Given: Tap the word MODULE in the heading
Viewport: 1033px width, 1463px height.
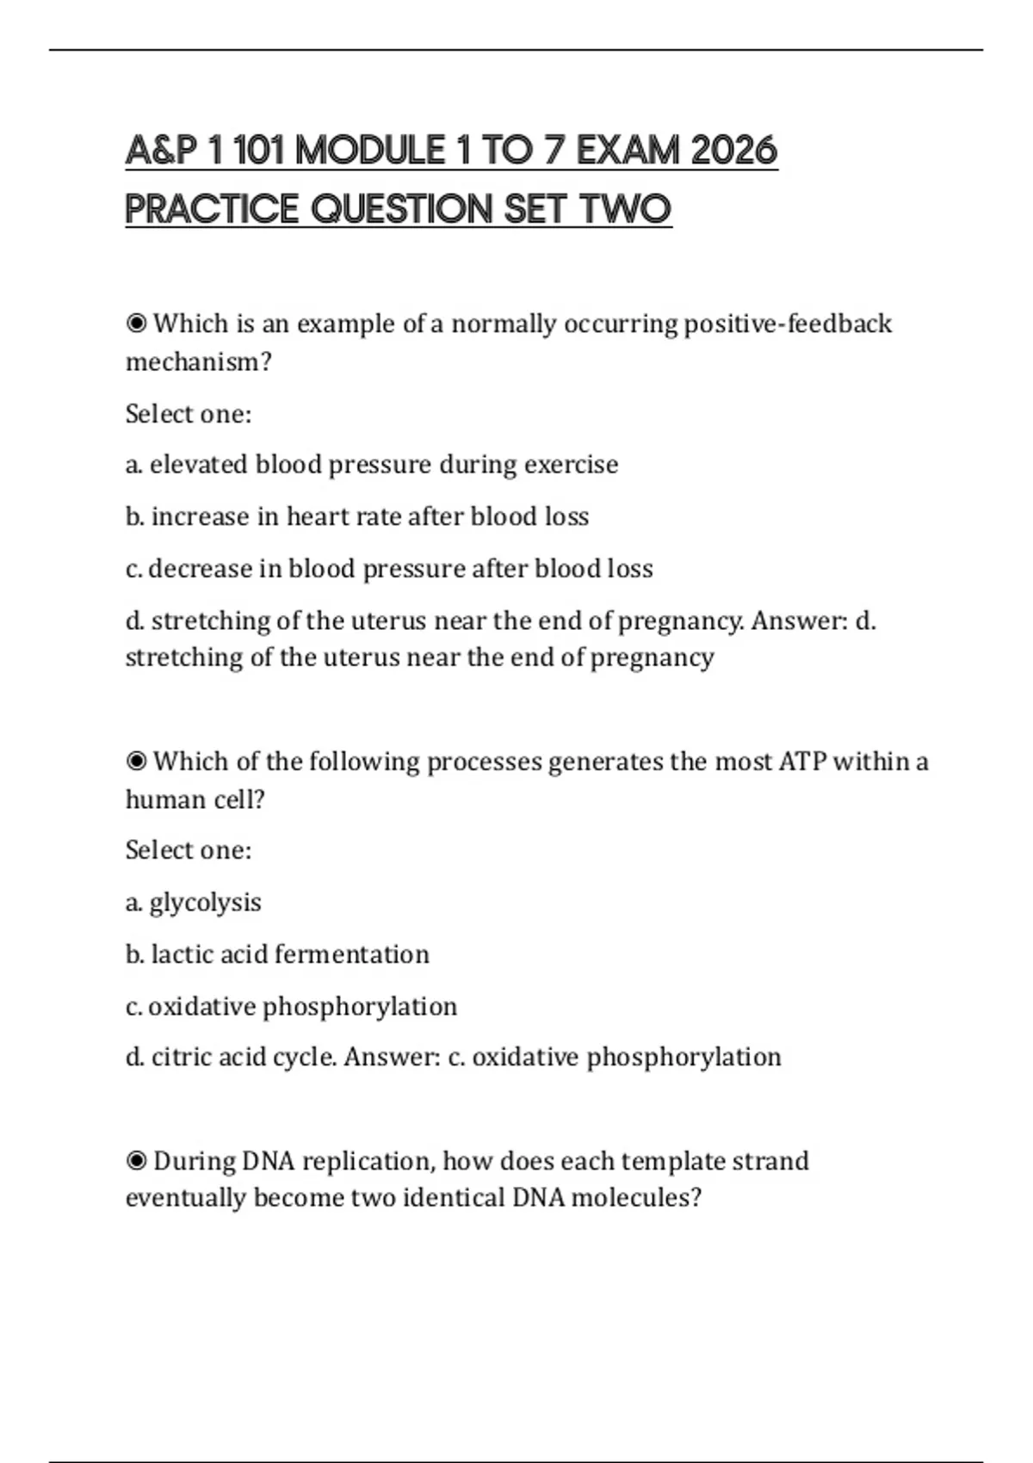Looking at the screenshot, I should [369, 151].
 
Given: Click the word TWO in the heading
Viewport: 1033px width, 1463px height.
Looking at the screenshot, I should [627, 209].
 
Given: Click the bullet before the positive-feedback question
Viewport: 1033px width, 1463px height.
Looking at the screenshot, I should [136, 324].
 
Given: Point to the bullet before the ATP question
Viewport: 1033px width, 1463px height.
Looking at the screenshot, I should [136, 762].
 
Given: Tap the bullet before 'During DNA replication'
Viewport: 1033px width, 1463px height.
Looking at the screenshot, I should [136, 1161].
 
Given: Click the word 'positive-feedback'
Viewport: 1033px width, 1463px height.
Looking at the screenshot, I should [787, 324].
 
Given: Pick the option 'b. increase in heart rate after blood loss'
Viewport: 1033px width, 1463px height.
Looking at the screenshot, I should [357, 516].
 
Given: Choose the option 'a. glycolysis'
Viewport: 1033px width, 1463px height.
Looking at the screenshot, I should [194, 903].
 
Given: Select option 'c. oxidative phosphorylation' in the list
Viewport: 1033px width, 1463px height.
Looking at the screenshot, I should [291, 1006].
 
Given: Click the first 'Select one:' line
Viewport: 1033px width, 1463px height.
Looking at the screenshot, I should [189, 414].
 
